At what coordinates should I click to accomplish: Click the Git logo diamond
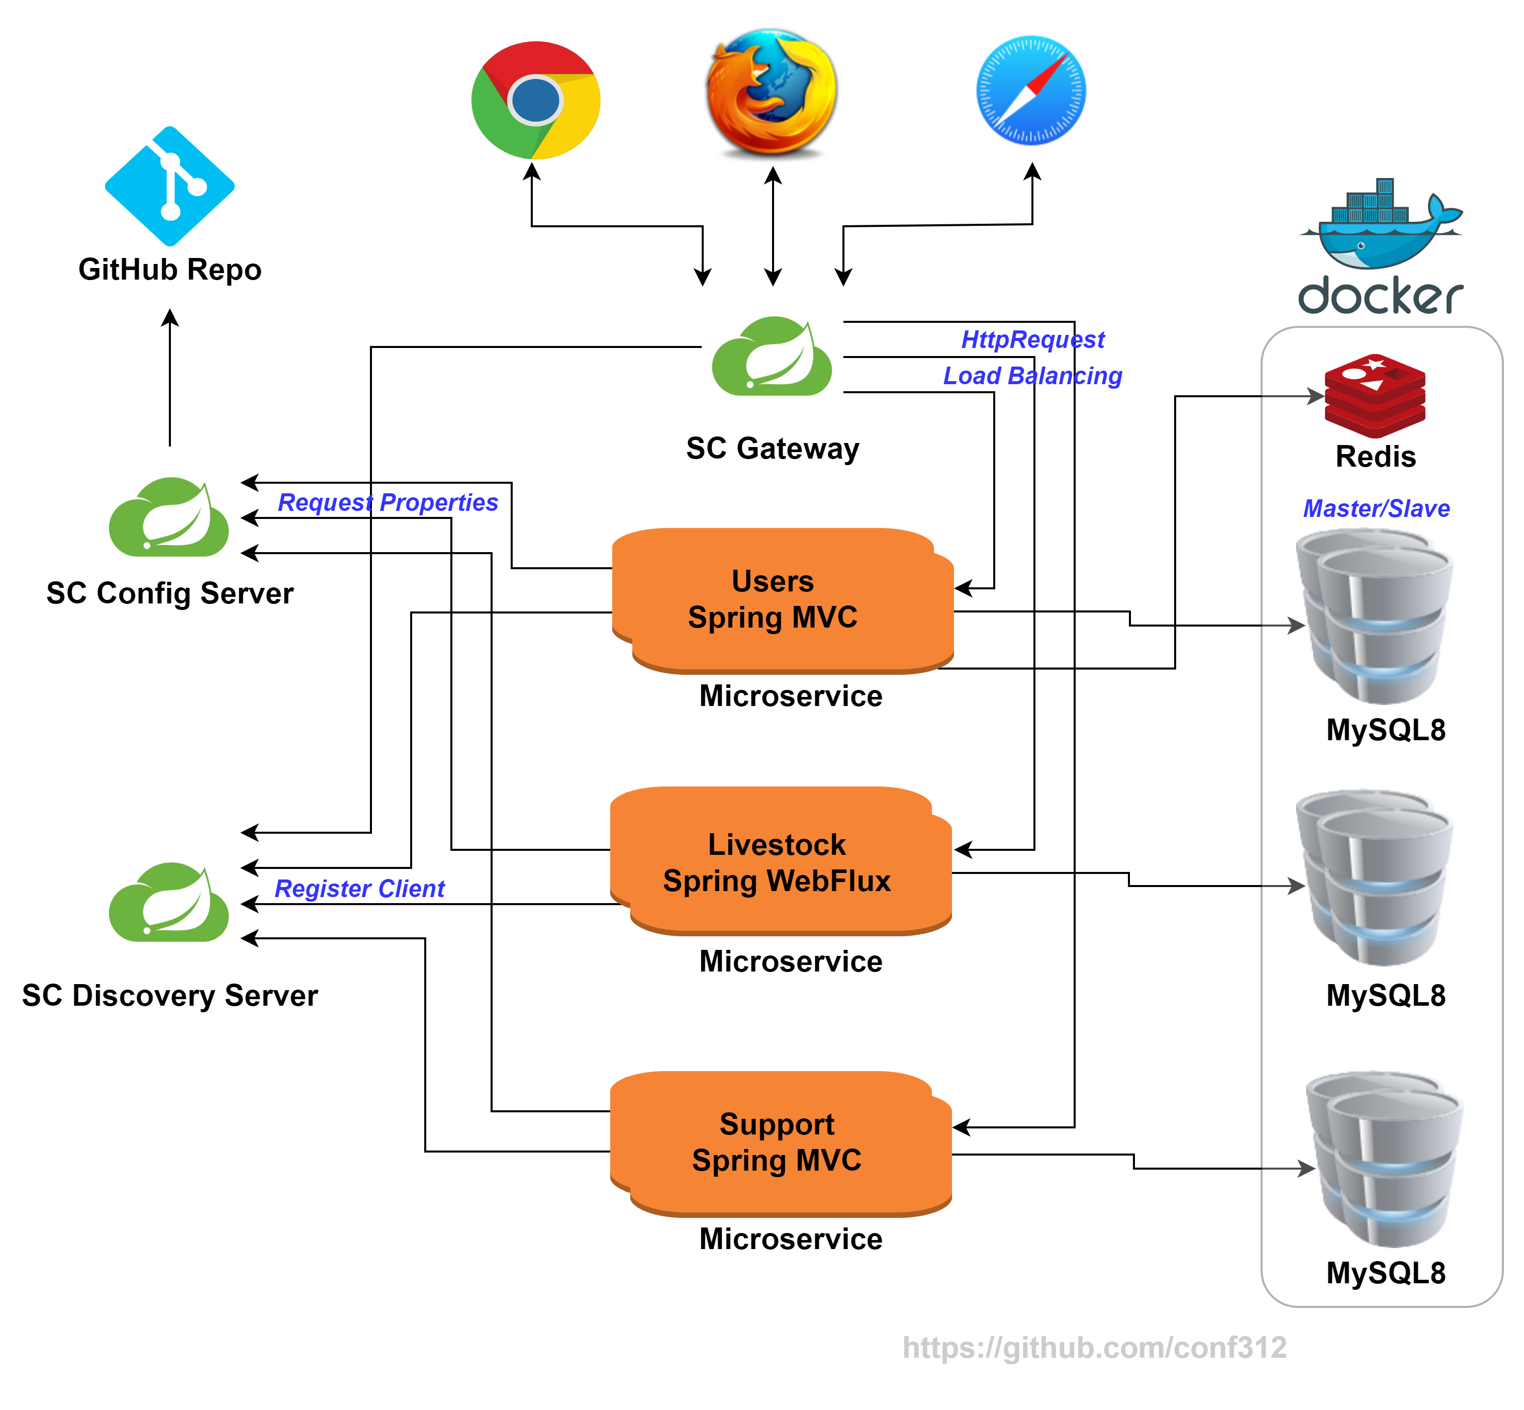(x=169, y=186)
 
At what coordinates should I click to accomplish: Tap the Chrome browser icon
(x=535, y=100)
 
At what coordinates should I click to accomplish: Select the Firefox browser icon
(x=771, y=92)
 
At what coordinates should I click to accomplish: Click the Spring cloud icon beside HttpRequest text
(x=771, y=356)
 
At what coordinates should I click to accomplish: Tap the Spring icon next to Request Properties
(x=168, y=516)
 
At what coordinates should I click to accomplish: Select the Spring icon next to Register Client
(x=168, y=901)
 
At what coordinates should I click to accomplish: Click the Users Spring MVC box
(x=782, y=600)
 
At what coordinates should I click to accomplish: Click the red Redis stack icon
(x=1375, y=395)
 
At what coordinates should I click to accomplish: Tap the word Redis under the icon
(x=1375, y=456)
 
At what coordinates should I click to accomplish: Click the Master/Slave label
(x=1376, y=508)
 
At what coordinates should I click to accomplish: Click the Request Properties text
(x=388, y=502)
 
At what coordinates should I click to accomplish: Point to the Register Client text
(x=359, y=888)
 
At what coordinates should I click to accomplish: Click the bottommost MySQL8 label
(x=1385, y=1273)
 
